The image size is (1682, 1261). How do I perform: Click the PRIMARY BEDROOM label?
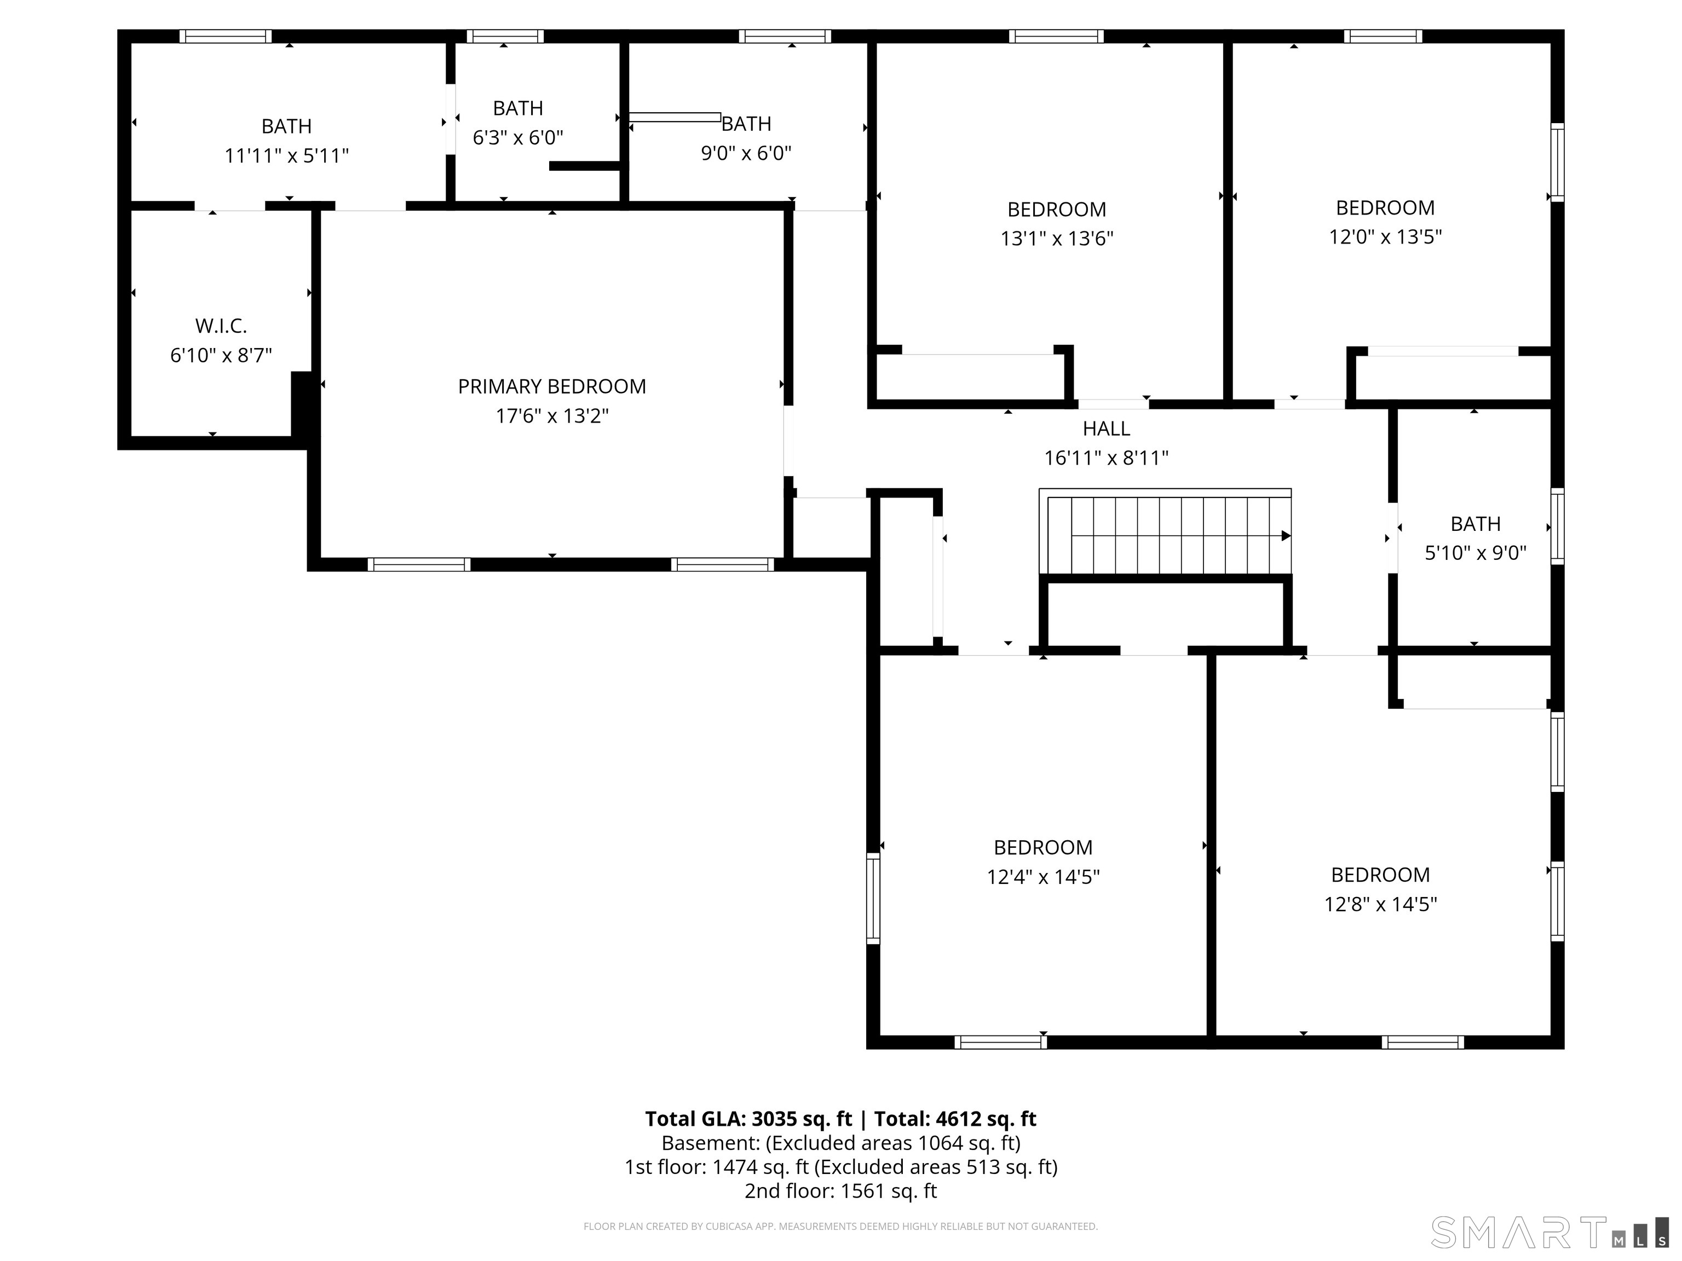(x=552, y=386)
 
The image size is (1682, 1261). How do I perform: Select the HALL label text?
(x=1107, y=429)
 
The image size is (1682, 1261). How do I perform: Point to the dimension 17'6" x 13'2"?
(x=552, y=416)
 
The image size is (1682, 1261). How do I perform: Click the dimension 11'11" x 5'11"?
(x=287, y=156)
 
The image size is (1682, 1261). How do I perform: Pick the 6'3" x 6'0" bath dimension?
(x=518, y=137)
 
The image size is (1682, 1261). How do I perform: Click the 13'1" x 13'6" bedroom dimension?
(x=1057, y=239)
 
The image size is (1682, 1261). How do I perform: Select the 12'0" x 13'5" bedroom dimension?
(x=1385, y=237)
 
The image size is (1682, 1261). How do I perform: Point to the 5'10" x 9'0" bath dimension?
(x=1475, y=553)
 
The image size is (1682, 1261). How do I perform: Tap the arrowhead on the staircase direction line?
(x=1286, y=536)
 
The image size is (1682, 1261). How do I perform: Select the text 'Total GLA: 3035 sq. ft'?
(x=749, y=1119)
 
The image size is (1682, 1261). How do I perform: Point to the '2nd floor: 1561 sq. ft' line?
(x=841, y=1191)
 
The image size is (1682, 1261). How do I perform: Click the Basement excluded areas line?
(x=841, y=1143)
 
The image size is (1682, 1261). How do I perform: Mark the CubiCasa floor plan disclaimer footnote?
(x=841, y=1226)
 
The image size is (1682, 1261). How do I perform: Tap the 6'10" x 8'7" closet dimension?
(x=221, y=356)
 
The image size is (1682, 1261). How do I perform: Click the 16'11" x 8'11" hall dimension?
(x=1107, y=458)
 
